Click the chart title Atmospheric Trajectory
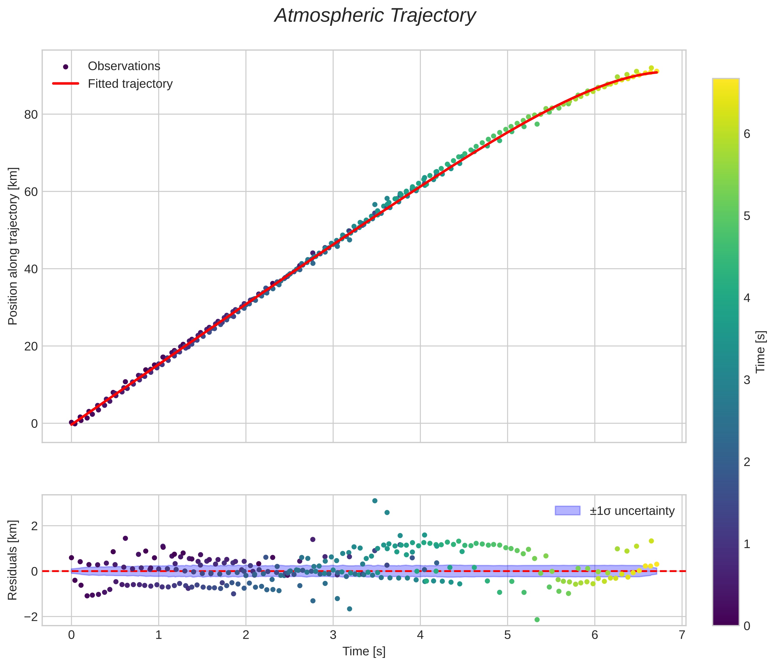point(375,16)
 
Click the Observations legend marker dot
point(66,67)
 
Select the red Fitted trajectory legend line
point(66,84)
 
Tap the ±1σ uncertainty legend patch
point(567,510)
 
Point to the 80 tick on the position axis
point(31,115)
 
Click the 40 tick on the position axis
point(31,269)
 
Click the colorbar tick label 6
point(747,134)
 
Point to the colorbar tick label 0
point(747,626)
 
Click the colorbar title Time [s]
point(761,352)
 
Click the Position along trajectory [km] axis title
point(13,246)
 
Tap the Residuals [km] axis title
point(13,560)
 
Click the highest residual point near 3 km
point(375,501)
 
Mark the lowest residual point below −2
point(537,620)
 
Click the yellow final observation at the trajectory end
point(656,71)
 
